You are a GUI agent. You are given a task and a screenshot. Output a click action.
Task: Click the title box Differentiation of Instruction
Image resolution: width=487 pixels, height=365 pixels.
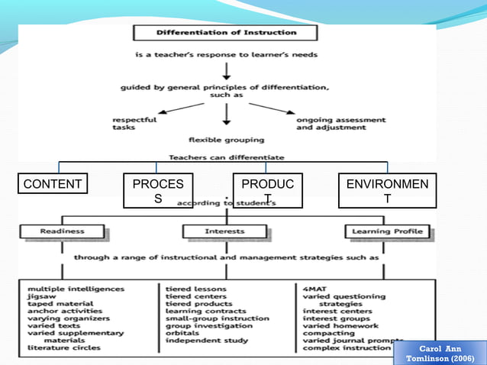[x=226, y=34]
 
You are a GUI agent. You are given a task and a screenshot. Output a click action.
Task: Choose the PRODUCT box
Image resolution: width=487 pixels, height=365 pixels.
[x=268, y=191]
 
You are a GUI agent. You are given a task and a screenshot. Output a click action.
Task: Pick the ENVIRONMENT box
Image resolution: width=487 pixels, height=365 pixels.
[x=387, y=191]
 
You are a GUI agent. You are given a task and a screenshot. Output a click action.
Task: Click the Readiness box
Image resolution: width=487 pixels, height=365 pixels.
[x=63, y=231]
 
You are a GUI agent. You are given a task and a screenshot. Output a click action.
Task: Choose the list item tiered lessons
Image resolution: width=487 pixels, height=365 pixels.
[x=197, y=289]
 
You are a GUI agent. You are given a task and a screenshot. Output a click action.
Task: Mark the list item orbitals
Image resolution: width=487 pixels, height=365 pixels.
[x=184, y=333]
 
